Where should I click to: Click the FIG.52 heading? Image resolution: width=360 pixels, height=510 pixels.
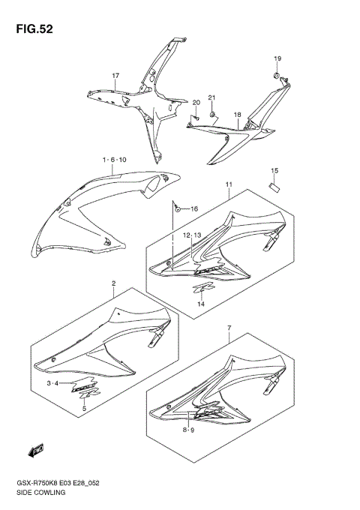tap(31, 29)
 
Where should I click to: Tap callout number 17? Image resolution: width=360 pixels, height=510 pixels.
tap(116, 76)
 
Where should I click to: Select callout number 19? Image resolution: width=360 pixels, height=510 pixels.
tap(277, 58)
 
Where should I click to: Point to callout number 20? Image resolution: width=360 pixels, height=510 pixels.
tap(196, 102)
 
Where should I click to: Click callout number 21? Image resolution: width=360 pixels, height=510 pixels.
tap(211, 98)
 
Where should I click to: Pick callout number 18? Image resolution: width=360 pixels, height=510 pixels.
tap(236, 115)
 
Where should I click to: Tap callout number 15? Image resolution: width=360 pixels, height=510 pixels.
tap(274, 171)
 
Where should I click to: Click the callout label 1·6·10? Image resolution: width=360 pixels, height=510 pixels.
tap(115, 160)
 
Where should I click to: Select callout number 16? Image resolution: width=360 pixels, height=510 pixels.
tap(193, 208)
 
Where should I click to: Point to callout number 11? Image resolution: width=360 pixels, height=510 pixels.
tap(227, 184)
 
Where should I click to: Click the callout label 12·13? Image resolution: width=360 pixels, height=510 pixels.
tap(192, 235)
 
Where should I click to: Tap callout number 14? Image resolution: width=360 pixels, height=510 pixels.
tap(201, 304)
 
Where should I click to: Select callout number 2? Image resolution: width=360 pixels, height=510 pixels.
tap(112, 283)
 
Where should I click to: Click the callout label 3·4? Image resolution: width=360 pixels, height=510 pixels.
tap(52, 383)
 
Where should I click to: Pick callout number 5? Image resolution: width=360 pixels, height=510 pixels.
tap(84, 409)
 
